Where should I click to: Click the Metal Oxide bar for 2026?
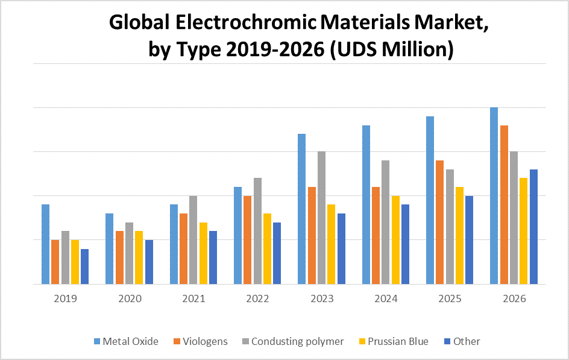494,195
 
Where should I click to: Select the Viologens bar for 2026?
504,204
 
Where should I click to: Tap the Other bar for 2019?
84,266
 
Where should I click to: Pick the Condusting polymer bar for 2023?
321,217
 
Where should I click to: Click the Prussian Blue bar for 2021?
203,253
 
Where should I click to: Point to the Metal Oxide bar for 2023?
301,209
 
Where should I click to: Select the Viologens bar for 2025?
440,222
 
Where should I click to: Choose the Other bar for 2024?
405,244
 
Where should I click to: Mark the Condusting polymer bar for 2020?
129,253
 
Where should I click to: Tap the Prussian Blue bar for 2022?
267,248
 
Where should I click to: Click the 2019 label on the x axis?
65,298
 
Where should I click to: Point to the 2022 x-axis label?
257,298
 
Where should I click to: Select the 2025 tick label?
450,298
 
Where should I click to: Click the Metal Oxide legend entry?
130,341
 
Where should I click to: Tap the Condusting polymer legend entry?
297,341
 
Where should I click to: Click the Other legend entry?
467,341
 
